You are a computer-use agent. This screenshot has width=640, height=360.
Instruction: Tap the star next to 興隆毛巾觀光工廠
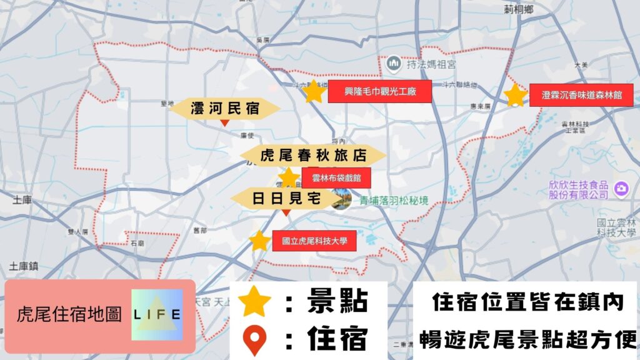pyautogui.click(x=314, y=92)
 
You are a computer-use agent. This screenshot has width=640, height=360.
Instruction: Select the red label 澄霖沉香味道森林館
pyautogui.click(x=581, y=95)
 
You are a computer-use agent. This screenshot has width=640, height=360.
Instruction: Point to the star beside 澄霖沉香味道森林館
pyautogui.click(x=516, y=95)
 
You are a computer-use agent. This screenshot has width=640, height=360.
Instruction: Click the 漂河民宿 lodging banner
pyautogui.click(x=224, y=109)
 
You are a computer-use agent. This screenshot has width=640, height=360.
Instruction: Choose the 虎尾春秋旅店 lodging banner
pyautogui.click(x=313, y=156)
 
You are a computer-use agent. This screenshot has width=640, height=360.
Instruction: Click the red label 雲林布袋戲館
pyautogui.click(x=336, y=177)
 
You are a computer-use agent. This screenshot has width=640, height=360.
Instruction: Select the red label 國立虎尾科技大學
pyautogui.click(x=314, y=241)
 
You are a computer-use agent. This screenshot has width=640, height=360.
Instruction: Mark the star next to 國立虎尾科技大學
pyautogui.click(x=259, y=241)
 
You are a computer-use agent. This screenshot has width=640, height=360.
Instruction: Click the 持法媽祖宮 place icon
pyautogui.click(x=394, y=62)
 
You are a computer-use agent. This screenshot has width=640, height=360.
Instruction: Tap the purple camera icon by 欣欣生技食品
pyautogui.click(x=621, y=187)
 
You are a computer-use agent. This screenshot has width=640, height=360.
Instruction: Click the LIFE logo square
pyautogui.click(x=157, y=314)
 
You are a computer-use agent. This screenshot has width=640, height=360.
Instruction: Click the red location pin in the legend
pyautogui.click(x=255, y=340)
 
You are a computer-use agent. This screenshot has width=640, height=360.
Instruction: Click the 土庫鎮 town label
pyautogui.click(x=24, y=267)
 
